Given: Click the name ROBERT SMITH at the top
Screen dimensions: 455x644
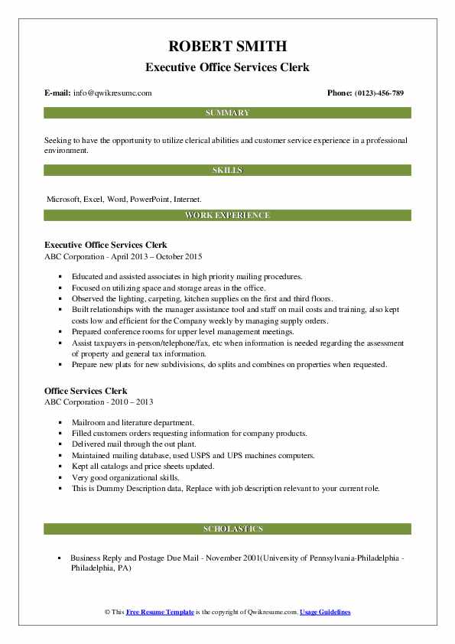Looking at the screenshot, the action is pyautogui.click(x=227, y=45).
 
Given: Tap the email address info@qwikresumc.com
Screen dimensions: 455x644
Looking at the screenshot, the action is pyautogui.click(x=112, y=93).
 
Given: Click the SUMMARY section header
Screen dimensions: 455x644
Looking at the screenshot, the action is pyautogui.click(x=227, y=112).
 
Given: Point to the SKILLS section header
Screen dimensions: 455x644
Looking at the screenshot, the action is pyautogui.click(x=227, y=170).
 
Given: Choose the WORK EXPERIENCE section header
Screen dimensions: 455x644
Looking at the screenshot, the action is pyautogui.click(x=227, y=216).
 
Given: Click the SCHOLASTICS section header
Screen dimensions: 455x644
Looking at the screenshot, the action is pyautogui.click(x=227, y=529).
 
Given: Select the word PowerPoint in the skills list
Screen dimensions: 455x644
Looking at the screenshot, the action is pyautogui.click(x=150, y=199).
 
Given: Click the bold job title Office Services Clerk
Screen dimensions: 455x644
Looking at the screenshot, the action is pyautogui.click(x=86, y=391).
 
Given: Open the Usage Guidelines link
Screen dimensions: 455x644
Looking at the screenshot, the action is pyautogui.click(x=325, y=613).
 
